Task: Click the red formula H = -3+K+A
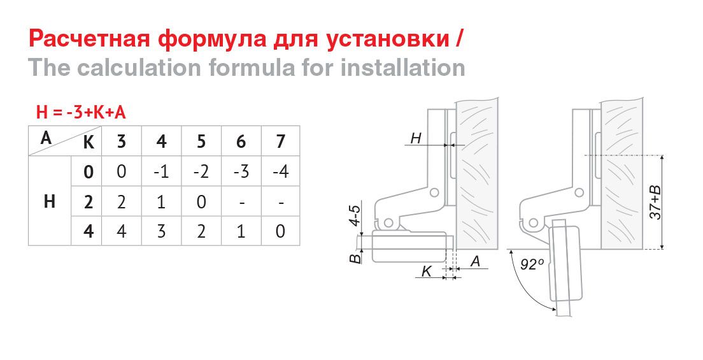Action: tap(81, 112)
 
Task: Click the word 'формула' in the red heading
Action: tap(211, 40)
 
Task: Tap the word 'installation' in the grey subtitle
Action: tap(402, 68)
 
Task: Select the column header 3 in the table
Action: tap(122, 141)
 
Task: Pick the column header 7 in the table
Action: tap(281, 141)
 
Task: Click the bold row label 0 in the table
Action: tap(89, 172)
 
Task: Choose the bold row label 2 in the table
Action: tap(89, 203)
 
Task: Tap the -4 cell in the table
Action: tap(280, 172)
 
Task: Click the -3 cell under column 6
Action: tap(241, 172)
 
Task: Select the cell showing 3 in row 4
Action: tap(161, 232)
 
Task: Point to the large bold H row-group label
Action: tap(50, 202)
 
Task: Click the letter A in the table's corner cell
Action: tap(46, 138)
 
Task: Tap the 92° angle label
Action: tap(532, 264)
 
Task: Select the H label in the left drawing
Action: tap(416, 138)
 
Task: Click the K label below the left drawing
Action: tap(427, 271)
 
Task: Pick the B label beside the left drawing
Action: tap(355, 258)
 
